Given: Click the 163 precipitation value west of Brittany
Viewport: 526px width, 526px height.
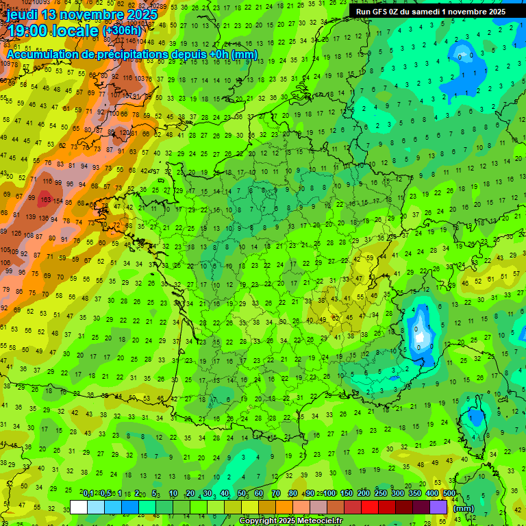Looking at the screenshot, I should pos(45,200).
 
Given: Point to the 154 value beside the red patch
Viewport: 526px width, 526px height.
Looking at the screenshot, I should pos(59,201).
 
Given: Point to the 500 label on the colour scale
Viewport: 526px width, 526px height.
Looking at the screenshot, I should pos(449,494).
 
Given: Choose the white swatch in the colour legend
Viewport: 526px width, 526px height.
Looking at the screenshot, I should pos(79,507).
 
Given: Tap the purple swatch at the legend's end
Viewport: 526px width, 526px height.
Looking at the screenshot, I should pos(438,507).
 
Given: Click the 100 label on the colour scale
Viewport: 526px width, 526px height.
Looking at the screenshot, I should pos(329,494).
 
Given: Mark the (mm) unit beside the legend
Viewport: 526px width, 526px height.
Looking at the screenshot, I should pos(464,509).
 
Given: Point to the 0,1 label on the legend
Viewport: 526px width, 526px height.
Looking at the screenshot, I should pos(88,494).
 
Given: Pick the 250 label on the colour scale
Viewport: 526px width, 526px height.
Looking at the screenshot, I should pos(381,494).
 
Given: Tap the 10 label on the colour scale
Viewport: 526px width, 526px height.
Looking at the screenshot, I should pos(173,494).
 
